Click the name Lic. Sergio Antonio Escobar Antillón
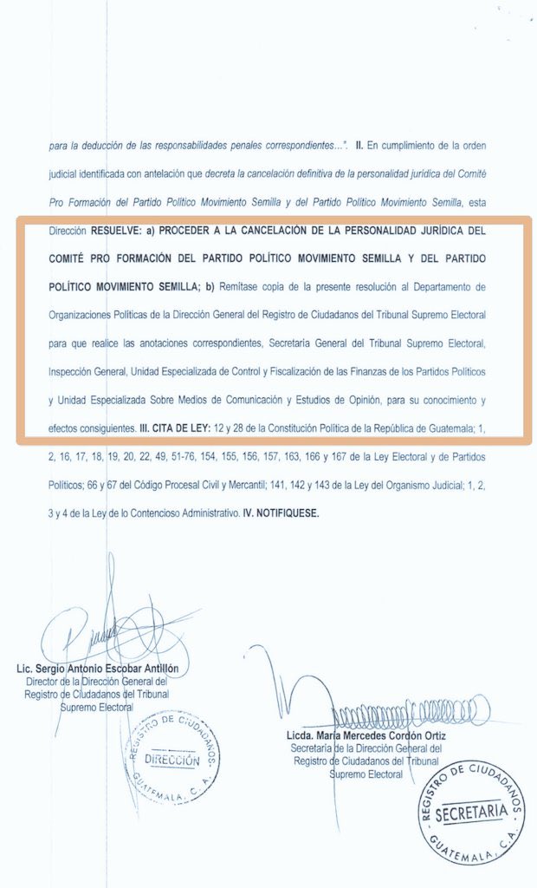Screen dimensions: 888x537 pyautogui.click(x=103, y=670)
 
